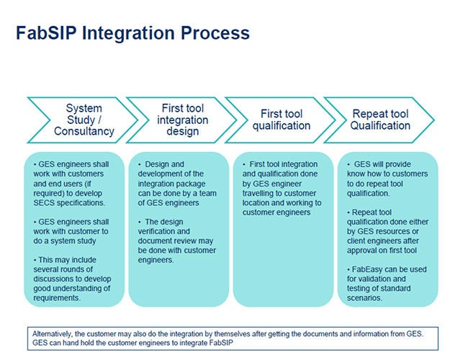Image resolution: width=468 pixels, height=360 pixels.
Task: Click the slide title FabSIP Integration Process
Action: (x=132, y=33)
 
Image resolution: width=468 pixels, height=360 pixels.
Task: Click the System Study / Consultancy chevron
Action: (x=84, y=120)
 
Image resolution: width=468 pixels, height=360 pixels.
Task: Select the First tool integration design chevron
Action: (x=183, y=120)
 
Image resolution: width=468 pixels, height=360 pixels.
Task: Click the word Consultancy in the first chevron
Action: (x=84, y=131)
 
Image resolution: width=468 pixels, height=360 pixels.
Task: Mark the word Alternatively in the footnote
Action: (x=55, y=333)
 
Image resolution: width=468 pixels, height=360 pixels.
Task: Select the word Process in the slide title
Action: (x=215, y=33)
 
